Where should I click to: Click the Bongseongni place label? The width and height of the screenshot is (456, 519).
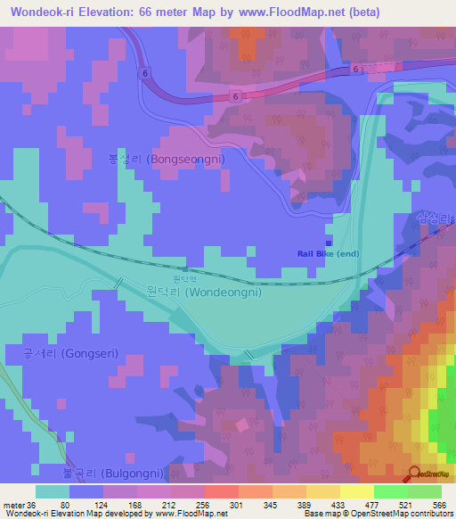coord(166,159)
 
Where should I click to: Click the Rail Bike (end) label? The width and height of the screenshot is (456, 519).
coord(328,253)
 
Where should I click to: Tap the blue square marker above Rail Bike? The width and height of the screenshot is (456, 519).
coord(329,242)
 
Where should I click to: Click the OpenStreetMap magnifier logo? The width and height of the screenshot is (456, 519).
coord(414,474)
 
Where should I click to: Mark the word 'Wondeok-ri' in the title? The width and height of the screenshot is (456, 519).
coord(39,12)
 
